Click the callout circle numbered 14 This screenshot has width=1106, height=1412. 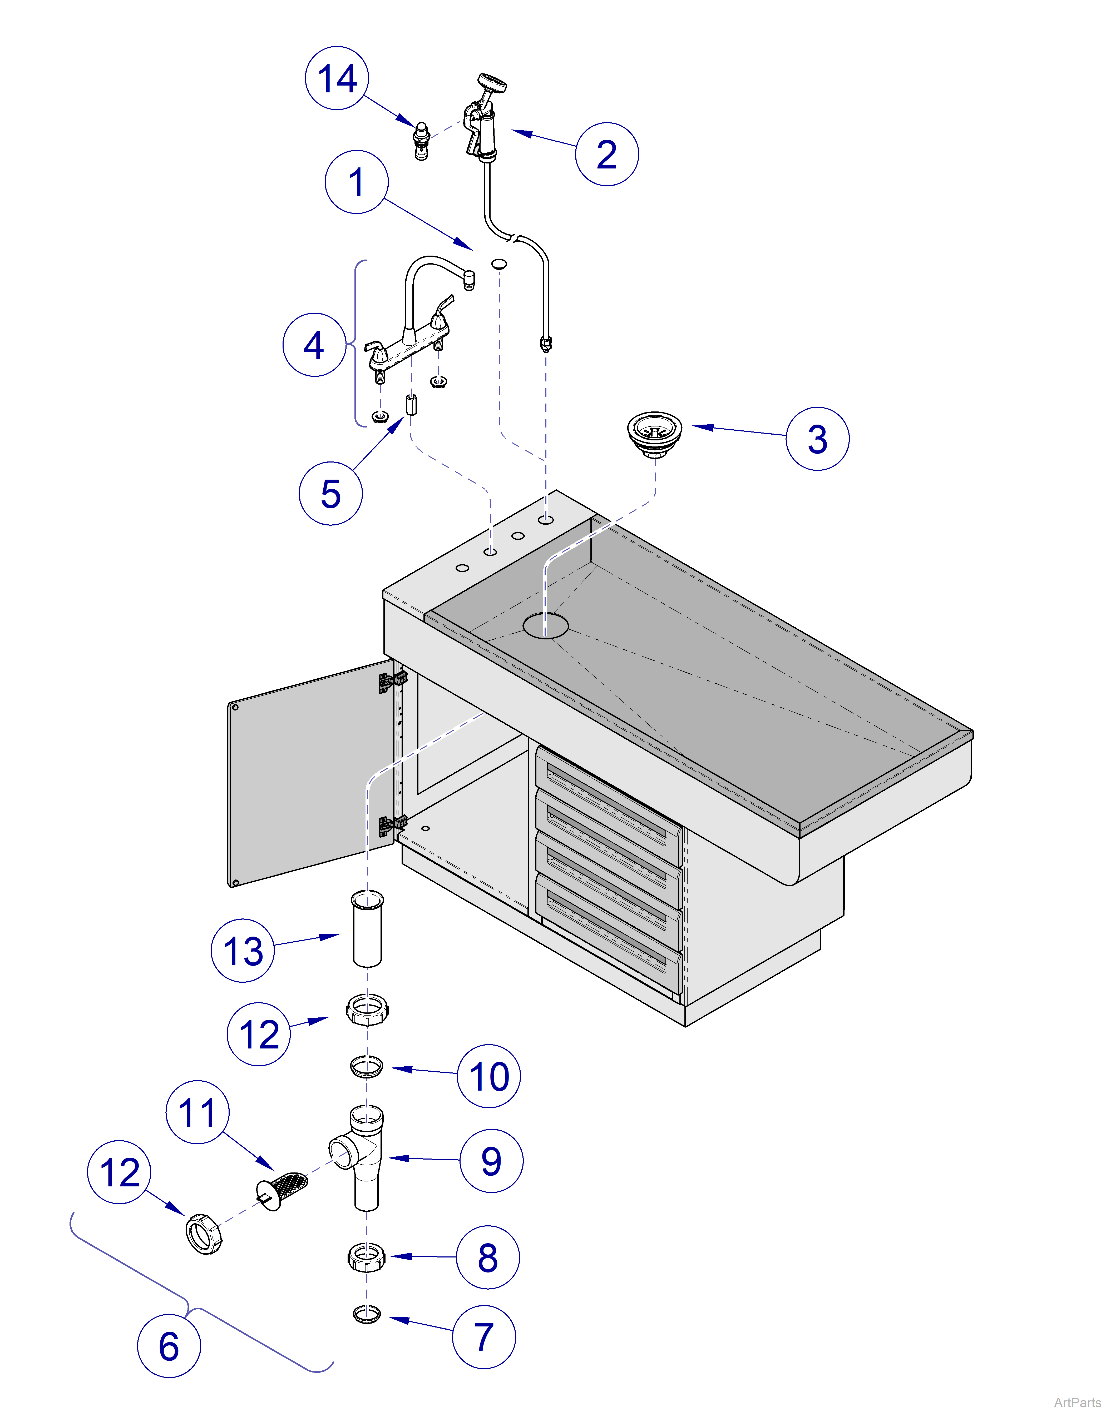[337, 78]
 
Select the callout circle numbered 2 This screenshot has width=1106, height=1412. [607, 154]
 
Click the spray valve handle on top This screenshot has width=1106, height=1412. [491, 83]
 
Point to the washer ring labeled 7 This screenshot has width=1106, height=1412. [367, 1315]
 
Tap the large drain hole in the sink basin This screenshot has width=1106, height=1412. [546, 626]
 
